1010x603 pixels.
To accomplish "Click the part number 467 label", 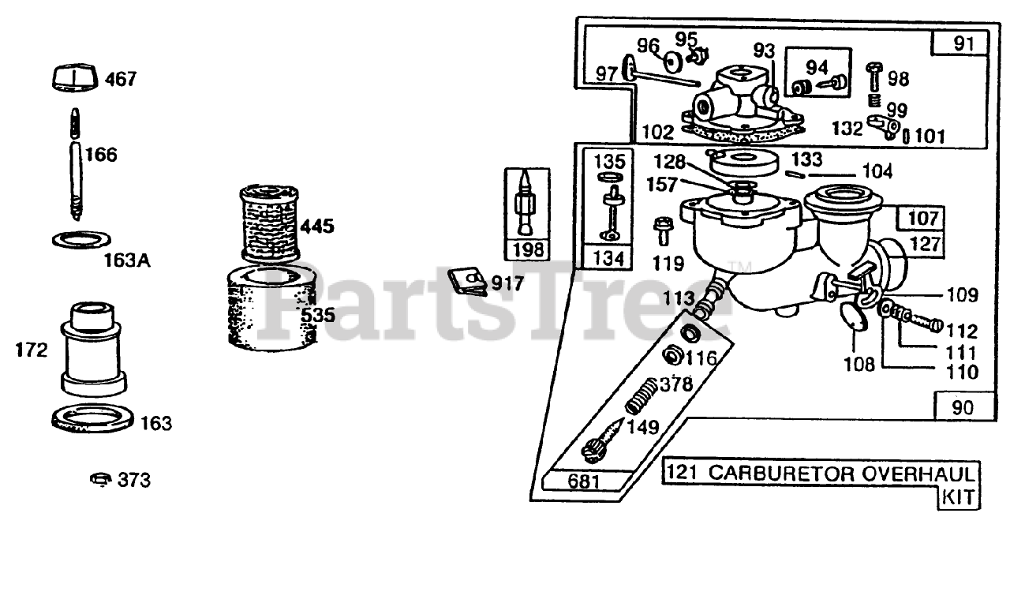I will pos(120,79).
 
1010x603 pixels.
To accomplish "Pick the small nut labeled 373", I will pos(98,479).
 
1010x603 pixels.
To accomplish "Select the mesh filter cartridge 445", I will pos(268,224).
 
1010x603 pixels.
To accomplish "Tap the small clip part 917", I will pos(466,280).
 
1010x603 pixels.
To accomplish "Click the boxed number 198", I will pos(528,250).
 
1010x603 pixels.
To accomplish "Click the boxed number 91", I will pos(963,43).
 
